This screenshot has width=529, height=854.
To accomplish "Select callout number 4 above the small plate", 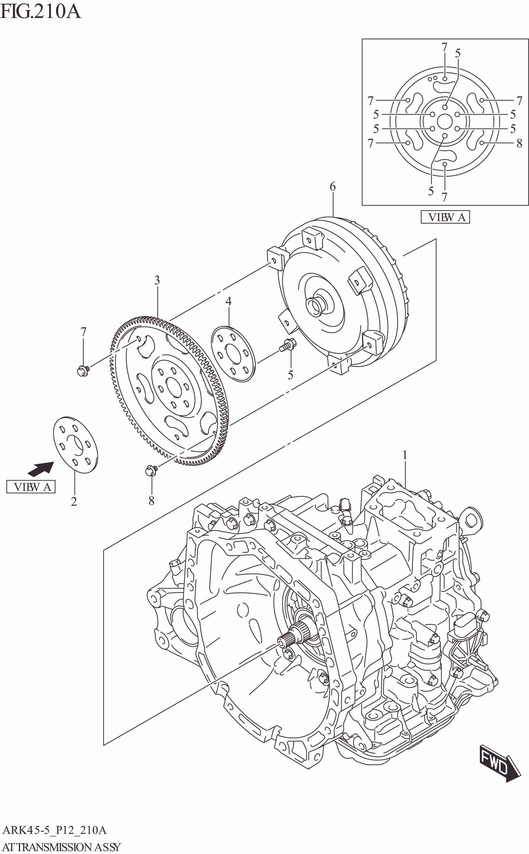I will (228, 301).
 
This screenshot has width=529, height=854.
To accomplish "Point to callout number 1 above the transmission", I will (405, 455).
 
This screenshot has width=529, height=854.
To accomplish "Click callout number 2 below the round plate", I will (74, 502).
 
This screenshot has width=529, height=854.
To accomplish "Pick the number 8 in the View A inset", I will (519, 143).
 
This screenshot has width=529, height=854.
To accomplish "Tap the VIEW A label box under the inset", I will (445, 217).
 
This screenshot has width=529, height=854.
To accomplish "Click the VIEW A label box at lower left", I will (31, 487).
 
